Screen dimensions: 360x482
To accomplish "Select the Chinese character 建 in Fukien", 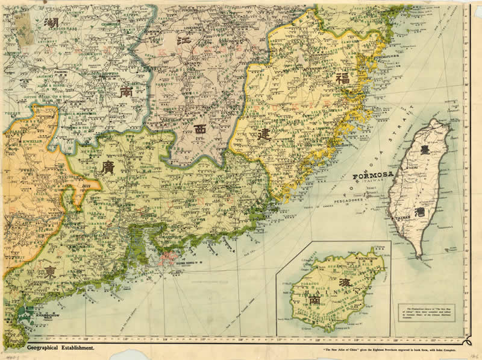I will (263, 135).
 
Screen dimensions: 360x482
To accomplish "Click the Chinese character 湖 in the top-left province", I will (52, 24).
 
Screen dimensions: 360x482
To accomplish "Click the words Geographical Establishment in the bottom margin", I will (60, 348).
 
